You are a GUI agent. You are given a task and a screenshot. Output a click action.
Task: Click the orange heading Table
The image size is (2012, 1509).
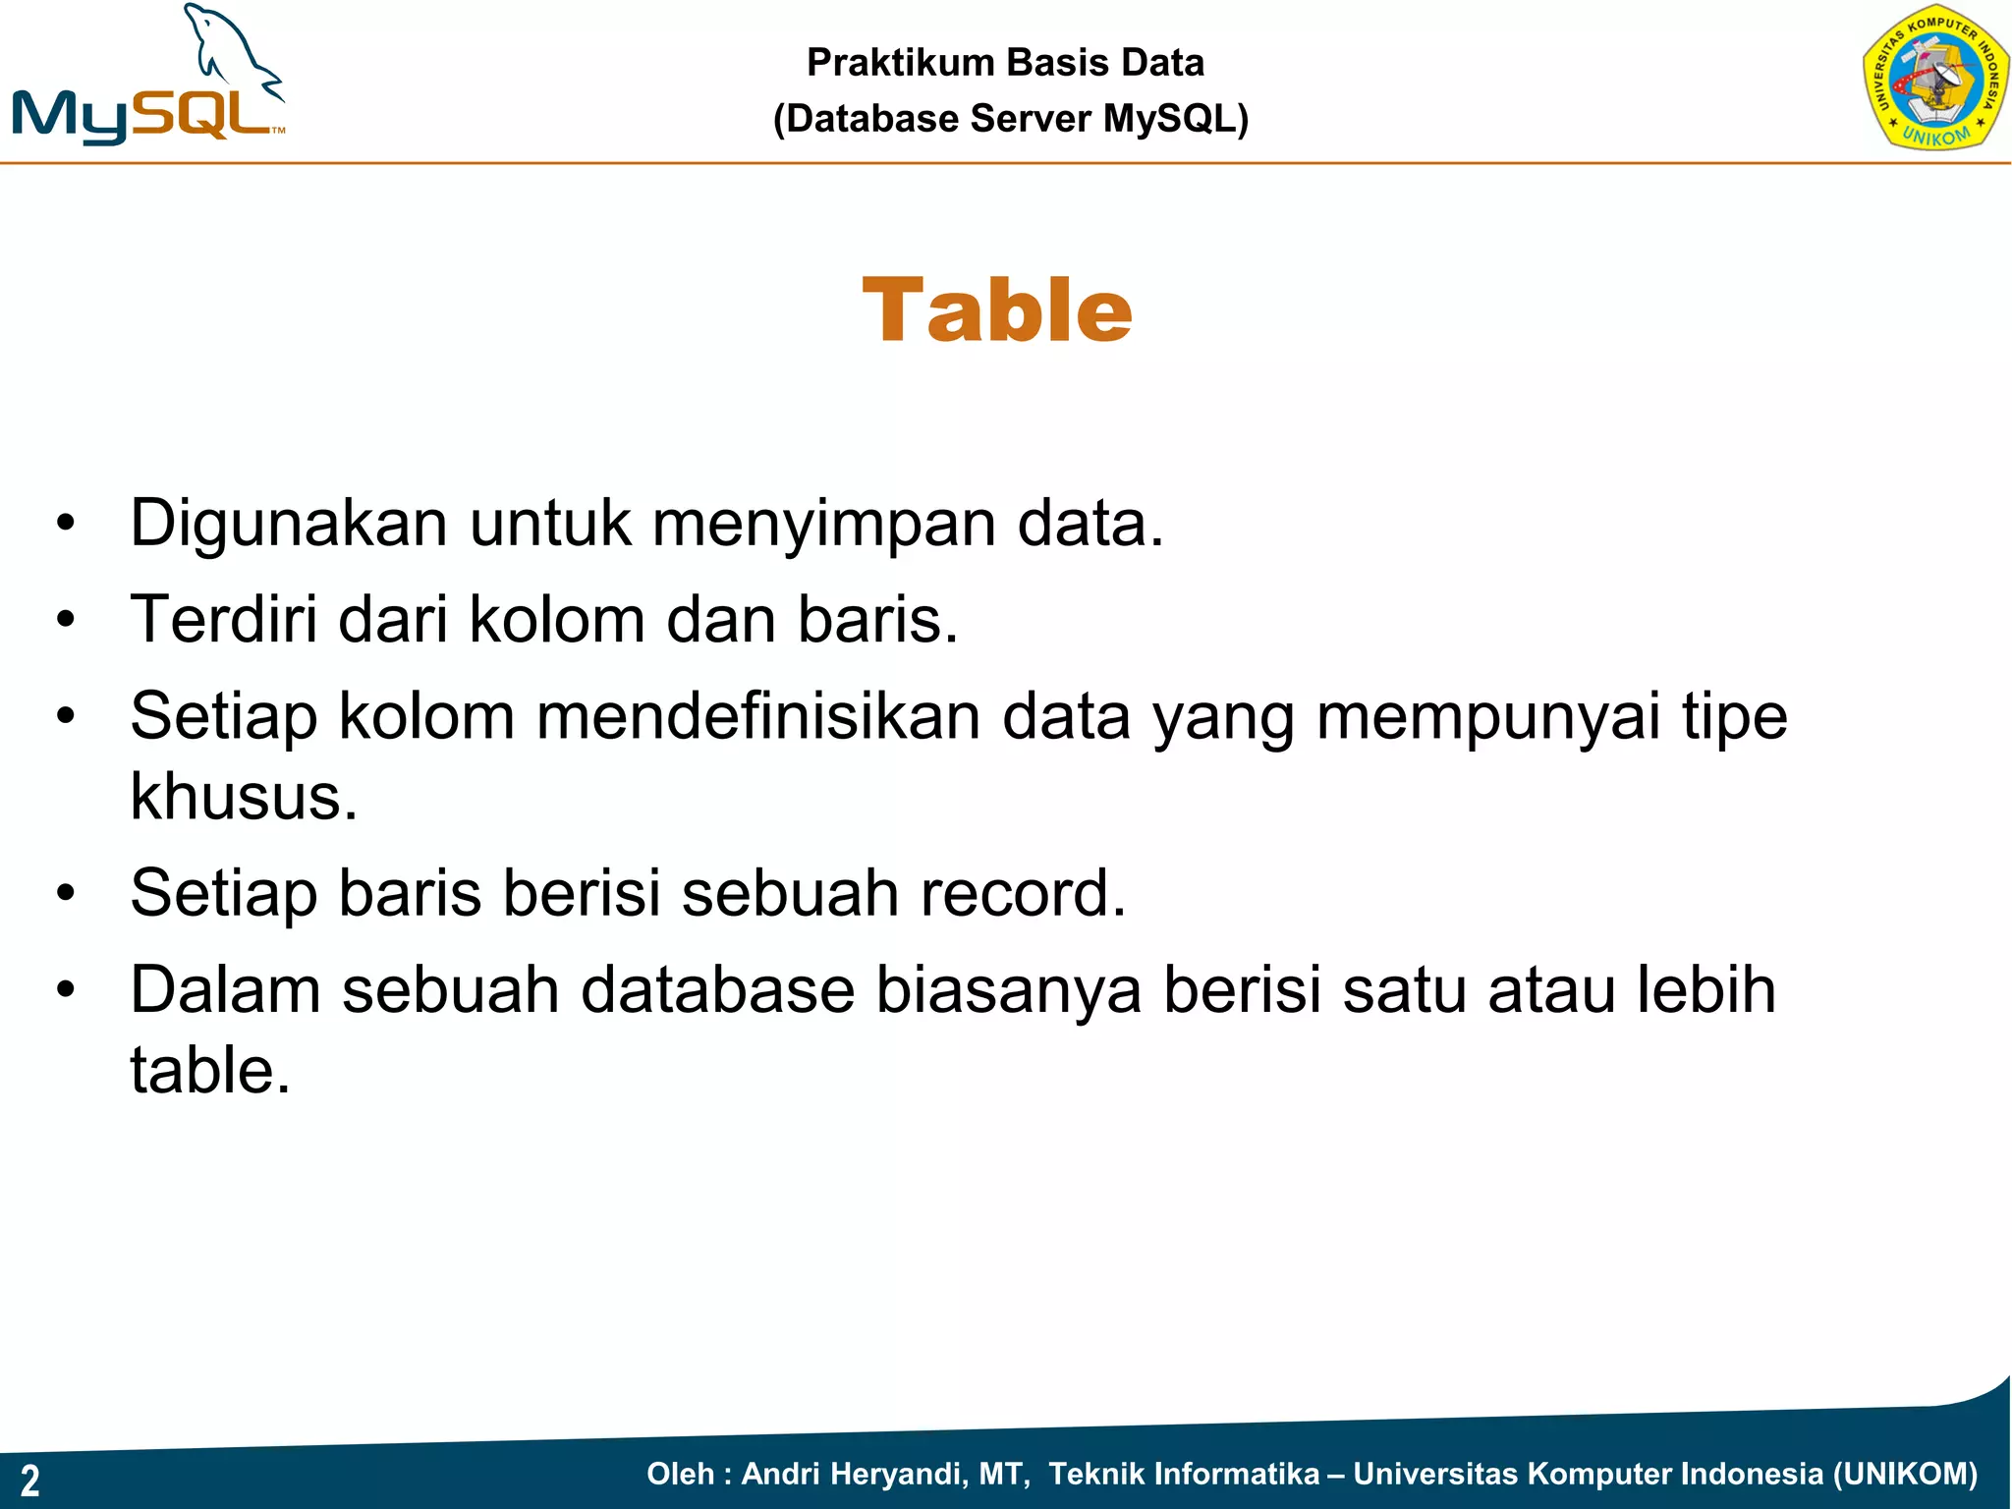(997, 310)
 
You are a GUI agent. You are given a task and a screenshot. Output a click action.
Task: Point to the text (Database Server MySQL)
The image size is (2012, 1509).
(1011, 119)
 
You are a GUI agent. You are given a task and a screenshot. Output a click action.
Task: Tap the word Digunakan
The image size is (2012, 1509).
(289, 524)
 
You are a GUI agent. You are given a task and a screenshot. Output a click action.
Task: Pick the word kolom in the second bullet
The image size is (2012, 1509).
(557, 620)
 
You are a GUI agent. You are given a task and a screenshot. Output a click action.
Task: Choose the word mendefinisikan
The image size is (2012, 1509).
(758, 716)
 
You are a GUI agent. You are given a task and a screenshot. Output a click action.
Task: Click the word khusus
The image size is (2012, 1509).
(244, 796)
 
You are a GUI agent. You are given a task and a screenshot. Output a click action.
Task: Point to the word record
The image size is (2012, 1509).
(1023, 893)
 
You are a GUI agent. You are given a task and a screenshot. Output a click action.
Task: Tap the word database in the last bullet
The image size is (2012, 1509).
(717, 989)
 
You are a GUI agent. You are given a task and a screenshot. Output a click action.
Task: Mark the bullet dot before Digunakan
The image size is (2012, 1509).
(66, 524)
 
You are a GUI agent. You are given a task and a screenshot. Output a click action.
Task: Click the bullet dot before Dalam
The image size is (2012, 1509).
(66, 989)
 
